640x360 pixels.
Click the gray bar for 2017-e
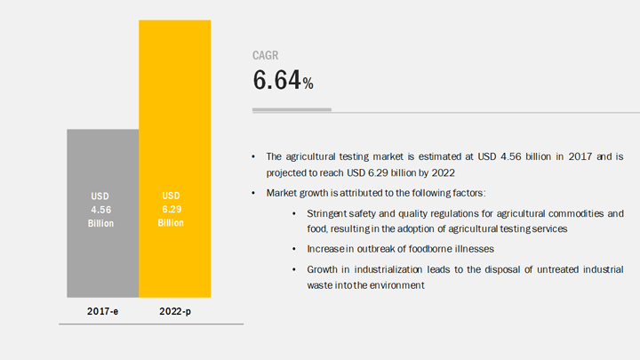(x=103, y=213)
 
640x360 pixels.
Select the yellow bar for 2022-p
(x=175, y=159)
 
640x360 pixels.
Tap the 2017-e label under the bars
(x=102, y=311)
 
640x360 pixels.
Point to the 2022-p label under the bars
(x=175, y=311)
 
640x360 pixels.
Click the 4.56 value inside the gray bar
(x=100, y=210)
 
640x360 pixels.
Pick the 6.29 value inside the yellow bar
(x=172, y=210)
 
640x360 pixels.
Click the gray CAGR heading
(x=265, y=55)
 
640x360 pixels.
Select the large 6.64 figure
(x=276, y=80)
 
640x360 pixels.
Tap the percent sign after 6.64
(x=308, y=84)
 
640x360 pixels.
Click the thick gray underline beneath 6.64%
(x=292, y=109)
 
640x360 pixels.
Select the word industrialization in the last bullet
(x=388, y=269)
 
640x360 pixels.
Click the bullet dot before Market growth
(x=253, y=193)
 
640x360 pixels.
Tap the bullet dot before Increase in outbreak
(x=294, y=249)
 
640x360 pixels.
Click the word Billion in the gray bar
(x=100, y=224)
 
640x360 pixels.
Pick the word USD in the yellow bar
(x=171, y=196)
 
